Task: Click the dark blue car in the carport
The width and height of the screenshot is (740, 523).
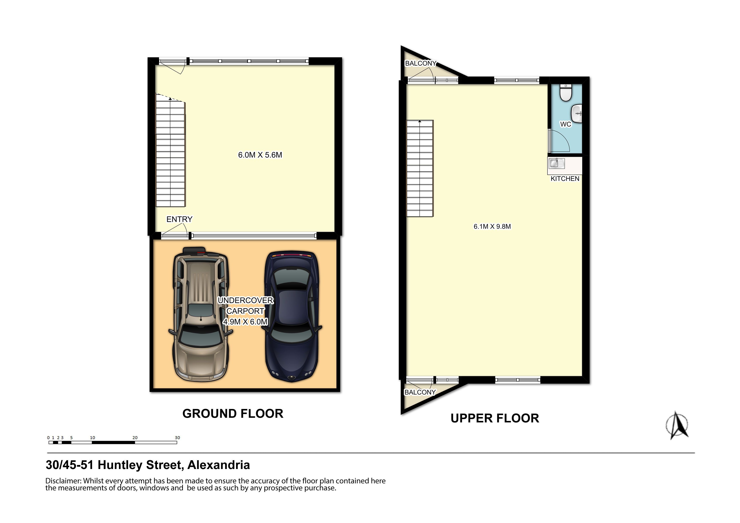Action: pos(292,317)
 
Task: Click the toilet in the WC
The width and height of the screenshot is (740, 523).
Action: pos(566,93)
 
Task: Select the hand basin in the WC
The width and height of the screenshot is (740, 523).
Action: pos(577,114)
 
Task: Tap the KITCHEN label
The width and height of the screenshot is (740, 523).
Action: pos(565,179)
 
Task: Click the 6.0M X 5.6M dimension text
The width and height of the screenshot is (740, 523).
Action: pos(260,155)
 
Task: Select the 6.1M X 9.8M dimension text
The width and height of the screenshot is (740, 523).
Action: pos(492,226)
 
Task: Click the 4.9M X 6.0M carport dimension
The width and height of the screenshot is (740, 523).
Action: pos(245,322)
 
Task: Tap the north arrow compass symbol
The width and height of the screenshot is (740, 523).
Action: pos(677,425)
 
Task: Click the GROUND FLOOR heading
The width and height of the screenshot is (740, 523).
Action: pos(233,413)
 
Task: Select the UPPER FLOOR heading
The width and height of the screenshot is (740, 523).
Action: pos(495,418)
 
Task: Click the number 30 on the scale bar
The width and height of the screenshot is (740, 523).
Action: pos(177,438)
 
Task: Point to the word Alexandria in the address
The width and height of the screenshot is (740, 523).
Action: pos(219,465)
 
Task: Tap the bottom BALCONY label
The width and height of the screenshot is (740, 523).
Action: pos(420,392)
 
